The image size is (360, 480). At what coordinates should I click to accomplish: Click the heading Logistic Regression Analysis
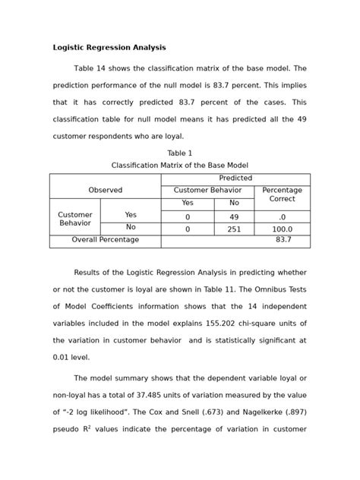tap(109, 48)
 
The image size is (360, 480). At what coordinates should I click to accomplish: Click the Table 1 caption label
tap(180, 153)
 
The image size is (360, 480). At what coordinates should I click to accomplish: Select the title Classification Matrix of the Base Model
tap(180, 165)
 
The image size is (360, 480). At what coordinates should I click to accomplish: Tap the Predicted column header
tap(235, 178)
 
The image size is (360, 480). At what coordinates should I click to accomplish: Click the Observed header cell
tap(105, 191)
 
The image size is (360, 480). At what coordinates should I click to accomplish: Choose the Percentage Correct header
tap(282, 194)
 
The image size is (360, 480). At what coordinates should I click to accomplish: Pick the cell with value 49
tap(234, 216)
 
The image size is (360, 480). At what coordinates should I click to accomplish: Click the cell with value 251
tap(234, 228)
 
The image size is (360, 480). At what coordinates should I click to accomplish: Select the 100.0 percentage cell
tap(282, 228)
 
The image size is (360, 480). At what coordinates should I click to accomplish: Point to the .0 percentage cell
tap(282, 216)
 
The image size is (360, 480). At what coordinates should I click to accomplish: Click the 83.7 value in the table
tap(283, 240)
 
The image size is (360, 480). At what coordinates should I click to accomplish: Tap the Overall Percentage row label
tap(105, 240)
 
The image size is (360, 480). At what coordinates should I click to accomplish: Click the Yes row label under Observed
tap(131, 215)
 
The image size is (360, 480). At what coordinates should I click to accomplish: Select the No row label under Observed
tap(131, 227)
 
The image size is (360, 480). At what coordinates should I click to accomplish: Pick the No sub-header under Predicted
tap(234, 204)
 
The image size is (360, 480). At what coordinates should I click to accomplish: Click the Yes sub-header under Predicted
tap(188, 204)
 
